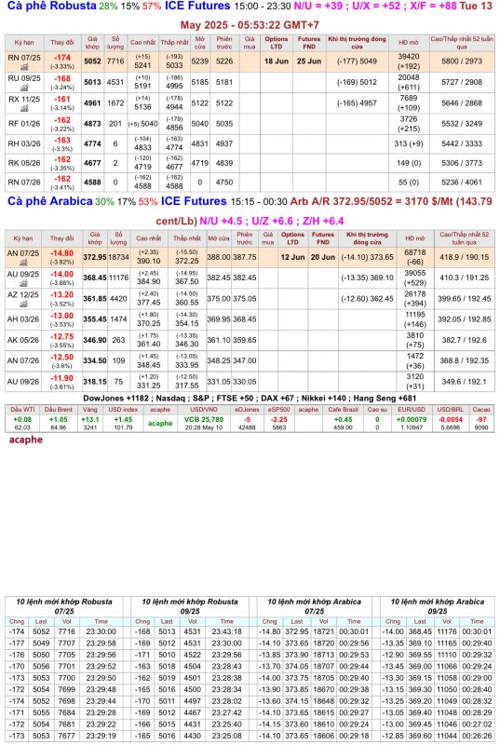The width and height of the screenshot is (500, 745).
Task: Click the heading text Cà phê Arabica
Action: [x=47, y=201]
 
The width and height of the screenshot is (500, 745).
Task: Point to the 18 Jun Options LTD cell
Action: [x=276, y=61]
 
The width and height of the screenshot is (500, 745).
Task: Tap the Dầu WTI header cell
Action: [x=22, y=409]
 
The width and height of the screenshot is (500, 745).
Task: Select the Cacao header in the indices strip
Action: [x=480, y=409]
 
